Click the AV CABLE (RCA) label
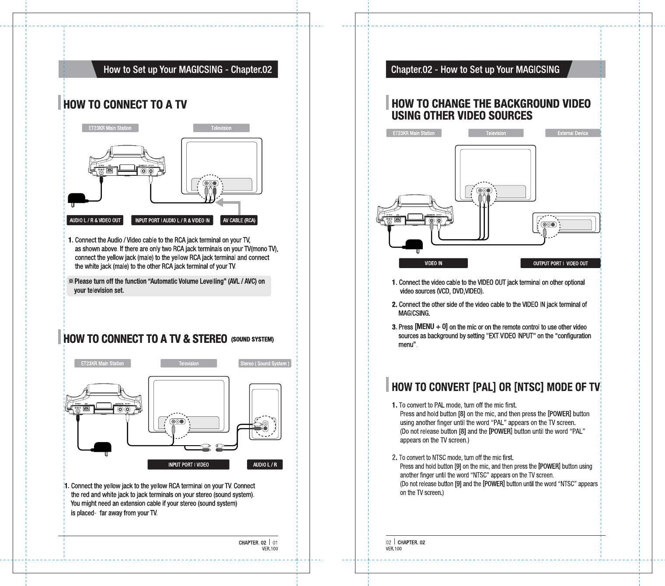click(x=239, y=220)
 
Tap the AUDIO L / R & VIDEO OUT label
click(x=95, y=220)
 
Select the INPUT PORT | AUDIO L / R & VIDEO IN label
click(x=172, y=220)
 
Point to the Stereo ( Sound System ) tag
click(x=265, y=363)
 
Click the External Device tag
click(x=572, y=133)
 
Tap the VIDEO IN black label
click(x=433, y=263)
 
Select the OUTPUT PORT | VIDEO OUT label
click(x=560, y=263)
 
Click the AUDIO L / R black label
click(x=265, y=464)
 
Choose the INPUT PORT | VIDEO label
click(x=188, y=464)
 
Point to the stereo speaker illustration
click(x=265, y=412)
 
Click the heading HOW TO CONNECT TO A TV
click(x=125, y=105)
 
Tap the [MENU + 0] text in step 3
click(x=431, y=327)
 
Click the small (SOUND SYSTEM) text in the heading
click(x=252, y=339)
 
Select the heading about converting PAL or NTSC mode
click(x=495, y=387)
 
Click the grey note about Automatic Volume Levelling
click(x=169, y=286)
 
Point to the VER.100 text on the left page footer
click(x=270, y=549)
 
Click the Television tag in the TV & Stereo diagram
click(x=188, y=363)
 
